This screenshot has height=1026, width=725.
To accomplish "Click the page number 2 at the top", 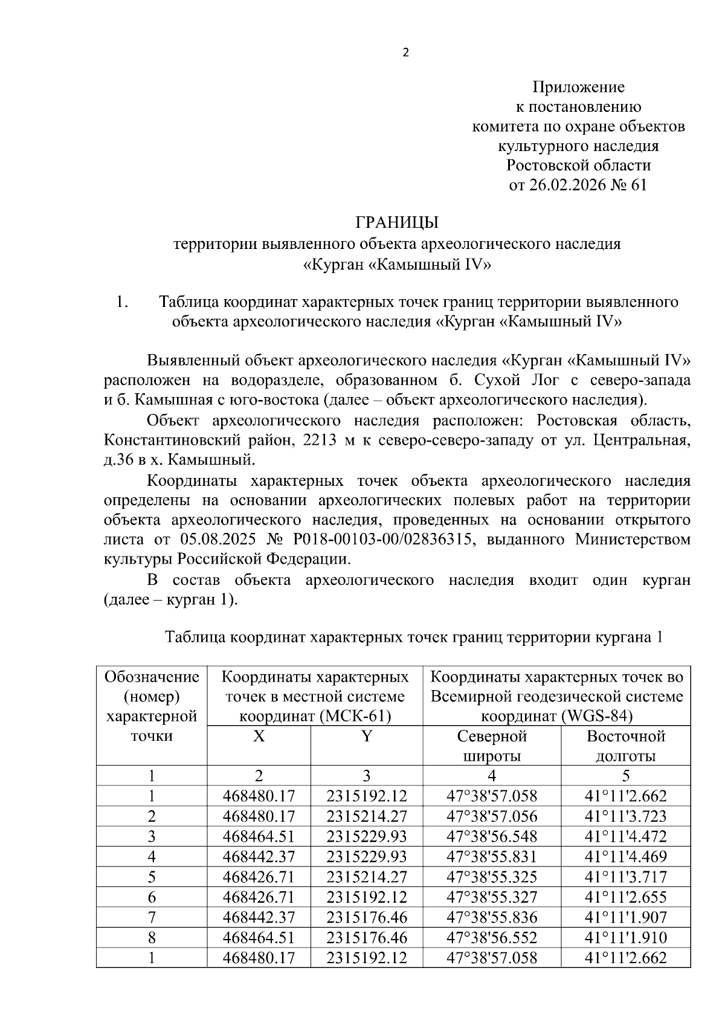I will point(405,53).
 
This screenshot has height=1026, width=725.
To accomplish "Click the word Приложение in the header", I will point(578,87).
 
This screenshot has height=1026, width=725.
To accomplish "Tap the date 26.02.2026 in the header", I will point(567,185).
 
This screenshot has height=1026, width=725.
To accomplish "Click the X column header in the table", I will point(259,736).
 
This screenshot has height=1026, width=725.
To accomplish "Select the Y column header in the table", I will point(367,736).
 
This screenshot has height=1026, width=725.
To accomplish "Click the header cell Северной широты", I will point(492,746).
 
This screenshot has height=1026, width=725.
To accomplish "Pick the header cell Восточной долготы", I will point(625,746).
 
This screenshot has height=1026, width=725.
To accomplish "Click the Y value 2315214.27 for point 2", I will point(367,816).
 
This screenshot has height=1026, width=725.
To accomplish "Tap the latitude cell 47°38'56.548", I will point(492,837).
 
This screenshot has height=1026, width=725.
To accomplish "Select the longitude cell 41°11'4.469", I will point(625,857).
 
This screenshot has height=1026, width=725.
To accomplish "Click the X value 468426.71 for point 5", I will point(259,877).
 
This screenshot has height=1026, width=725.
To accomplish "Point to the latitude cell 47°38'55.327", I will point(492,897).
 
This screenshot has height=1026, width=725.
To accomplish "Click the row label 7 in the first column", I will point(152,917).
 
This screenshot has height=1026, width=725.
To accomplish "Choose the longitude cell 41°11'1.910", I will point(625,938).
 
